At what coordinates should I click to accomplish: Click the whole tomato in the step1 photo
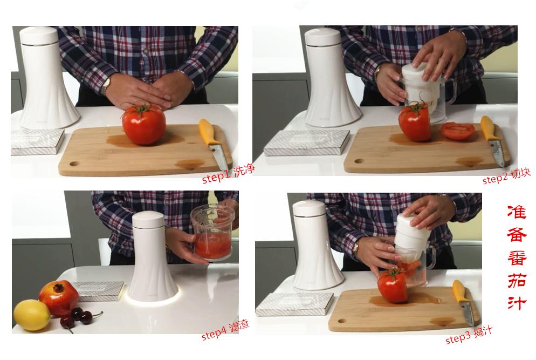[x=144, y=125]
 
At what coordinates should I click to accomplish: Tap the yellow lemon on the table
[x=32, y=315]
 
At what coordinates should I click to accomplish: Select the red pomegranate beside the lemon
[x=58, y=297]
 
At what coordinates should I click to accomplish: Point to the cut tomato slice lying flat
[x=457, y=131]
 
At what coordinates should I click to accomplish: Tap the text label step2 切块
[x=506, y=176]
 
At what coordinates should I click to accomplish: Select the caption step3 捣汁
[x=469, y=335]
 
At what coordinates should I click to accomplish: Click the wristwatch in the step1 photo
[x=106, y=85]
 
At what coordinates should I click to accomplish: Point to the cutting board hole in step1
[x=73, y=164]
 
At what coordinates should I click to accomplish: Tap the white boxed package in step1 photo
[x=38, y=141]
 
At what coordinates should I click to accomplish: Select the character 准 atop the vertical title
[x=516, y=212]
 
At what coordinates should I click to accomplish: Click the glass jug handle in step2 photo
[x=450, y=91]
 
